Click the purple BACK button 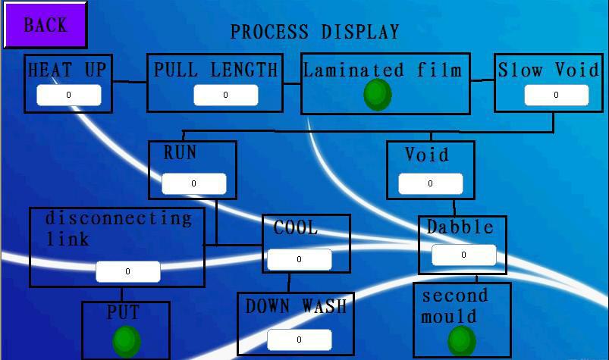pos(45,25)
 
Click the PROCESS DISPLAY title pos(315,32)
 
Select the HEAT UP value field pos(69,95)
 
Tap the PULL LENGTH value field pos(226,95)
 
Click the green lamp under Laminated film pos(378,95)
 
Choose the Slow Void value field pos(557,95)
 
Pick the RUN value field pos(194,183)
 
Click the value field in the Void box pos(430,183)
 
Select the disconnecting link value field pos(127,271)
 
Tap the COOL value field pos(300,259)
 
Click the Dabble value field pos(463,255)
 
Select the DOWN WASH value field pos(300,340)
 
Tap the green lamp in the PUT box pos(126,342)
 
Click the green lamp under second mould pos(462,341)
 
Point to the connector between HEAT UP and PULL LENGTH pos(130,81)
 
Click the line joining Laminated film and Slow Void pos(482,80)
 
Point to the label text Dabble pos(460,227)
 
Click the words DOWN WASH pos(296,306)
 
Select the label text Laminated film pos(382,70)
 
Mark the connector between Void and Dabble pos(454,208)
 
